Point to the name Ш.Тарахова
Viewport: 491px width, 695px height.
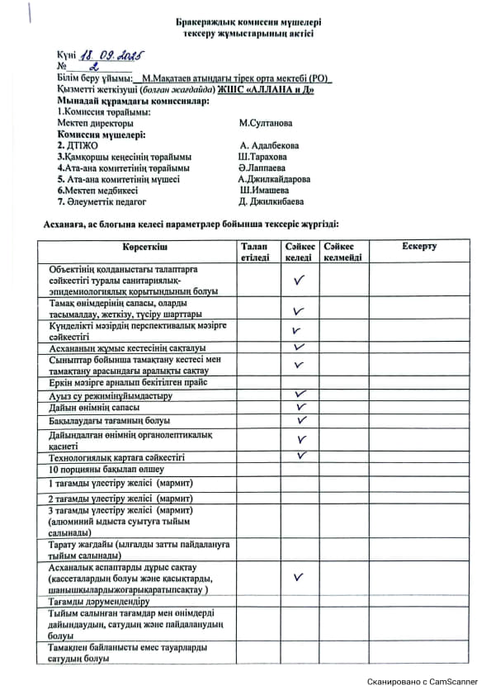pos(262,156)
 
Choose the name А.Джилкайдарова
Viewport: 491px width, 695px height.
pos(274,178)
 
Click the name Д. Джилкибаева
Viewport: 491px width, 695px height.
pos(271,201)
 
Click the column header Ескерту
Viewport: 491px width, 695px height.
pos(419,247)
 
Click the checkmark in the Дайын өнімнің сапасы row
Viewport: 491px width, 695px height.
pos(300,407)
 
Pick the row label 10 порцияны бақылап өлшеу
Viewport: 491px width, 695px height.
pos(100,469)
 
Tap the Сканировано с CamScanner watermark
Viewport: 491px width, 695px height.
pos(423,682)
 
